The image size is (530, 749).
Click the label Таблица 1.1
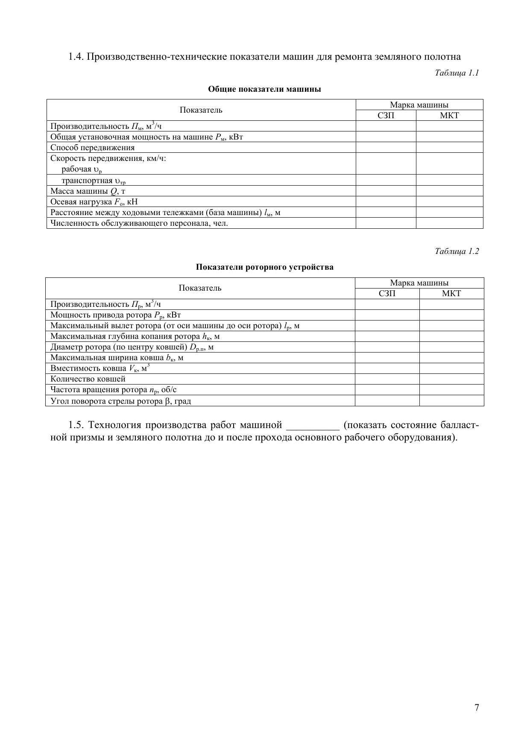click(457, 73)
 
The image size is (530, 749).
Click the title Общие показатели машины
click(264, 89)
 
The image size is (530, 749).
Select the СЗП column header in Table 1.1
click(386, 115)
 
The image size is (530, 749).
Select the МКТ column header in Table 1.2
click(451, 294)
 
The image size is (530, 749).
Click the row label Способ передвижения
click(92, 148)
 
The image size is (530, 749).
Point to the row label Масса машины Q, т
click(88, 191)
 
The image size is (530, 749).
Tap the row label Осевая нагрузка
click(94, 202)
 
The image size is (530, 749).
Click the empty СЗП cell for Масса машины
click(386, 191)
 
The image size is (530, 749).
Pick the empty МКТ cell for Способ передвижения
click(449, 148)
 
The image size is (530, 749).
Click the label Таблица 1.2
click(457, 251)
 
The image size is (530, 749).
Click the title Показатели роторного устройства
click(264, 267)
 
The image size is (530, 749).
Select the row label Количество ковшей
click(88, 379)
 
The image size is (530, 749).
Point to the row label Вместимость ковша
click(100, 368)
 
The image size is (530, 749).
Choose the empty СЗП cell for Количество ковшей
click(387, 379)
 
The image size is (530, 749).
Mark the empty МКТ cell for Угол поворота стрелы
click(451, 401)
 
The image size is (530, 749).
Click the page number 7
click(477, 708)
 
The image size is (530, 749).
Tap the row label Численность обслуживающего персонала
click(139, 223)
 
